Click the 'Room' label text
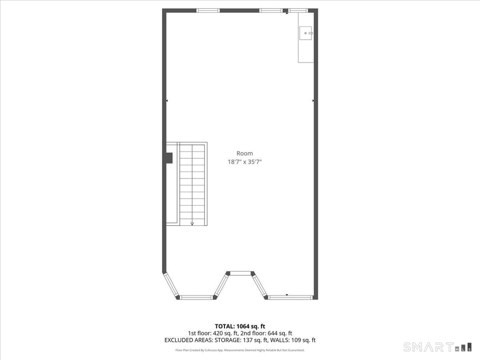tap(245, 153)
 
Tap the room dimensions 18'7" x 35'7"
tap(245, 162)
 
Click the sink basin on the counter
tap(306, 33)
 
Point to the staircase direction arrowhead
tap(192, 224)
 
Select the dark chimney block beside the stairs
tap(170, 158)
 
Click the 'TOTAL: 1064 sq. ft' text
tap(240, 326)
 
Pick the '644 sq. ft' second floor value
tap(280, 333)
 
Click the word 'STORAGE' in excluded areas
tap(228, 340)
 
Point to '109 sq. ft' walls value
tap(303, 340)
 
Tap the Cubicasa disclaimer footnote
tap(240, 350)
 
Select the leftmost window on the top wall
tap(208, 11)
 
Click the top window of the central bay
tap(241, 273)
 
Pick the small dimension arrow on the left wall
tap(167, 101)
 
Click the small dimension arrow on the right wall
tap(313, 101)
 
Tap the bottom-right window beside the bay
tap(290, 297)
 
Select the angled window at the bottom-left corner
tap(171, 285)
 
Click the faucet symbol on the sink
tap(310, 33)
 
